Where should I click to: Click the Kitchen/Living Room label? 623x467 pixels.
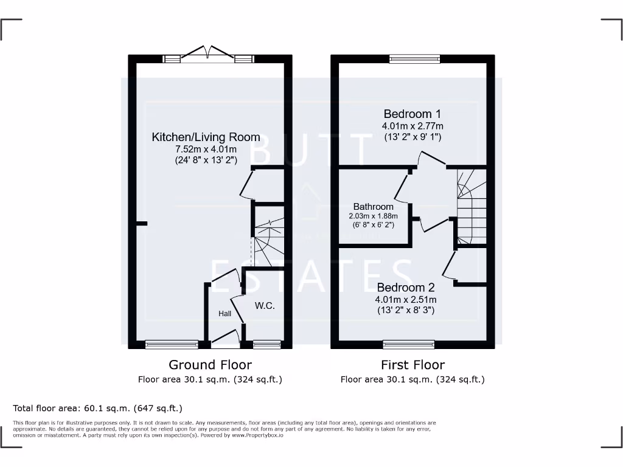click(x=206, y=137)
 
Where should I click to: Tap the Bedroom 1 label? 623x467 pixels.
click(x=412, y=114)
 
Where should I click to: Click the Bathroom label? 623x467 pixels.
click(x=373, y=207)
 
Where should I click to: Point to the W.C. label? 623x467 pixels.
click(x=265, y=306)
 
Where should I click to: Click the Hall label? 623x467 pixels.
click(x=224, y=314)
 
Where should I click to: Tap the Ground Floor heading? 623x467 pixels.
click(x=210, y=365)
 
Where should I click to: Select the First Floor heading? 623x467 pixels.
click(x=412, y=365)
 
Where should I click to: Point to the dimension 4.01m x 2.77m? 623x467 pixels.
click(x=412, y=126)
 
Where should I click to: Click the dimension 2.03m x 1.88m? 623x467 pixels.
click(x=373, y=216)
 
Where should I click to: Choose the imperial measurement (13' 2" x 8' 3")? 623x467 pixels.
click(x=406, y=310)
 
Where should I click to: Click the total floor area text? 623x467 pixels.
click(x=97, y=408)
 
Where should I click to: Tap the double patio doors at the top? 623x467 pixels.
click(x=208, y=56)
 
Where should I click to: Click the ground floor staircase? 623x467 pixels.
click(x=268, y=237)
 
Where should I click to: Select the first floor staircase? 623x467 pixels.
click(x=472, y=207)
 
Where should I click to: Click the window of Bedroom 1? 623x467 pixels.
click(x=415, y=58)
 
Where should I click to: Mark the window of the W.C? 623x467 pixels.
click(x=266, y=345)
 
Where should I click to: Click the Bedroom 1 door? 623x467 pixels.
click(x=433, y=159)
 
